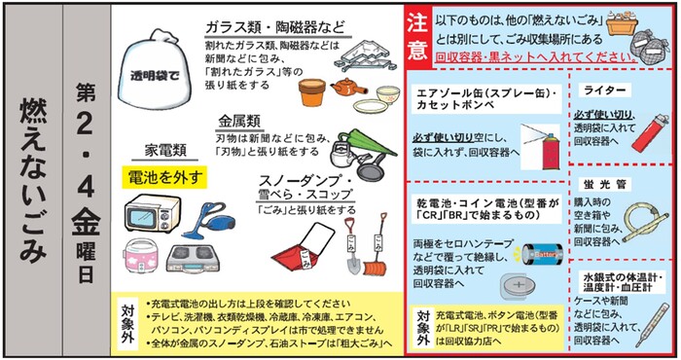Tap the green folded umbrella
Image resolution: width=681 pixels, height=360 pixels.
coord(366,143)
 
